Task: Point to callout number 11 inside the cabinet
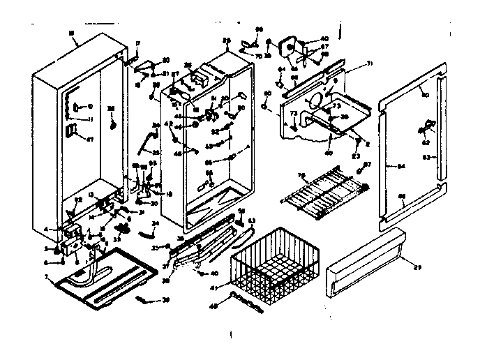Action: (90, 119)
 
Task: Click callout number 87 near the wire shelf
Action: (368, 165)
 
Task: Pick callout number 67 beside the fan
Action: (324, 46)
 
